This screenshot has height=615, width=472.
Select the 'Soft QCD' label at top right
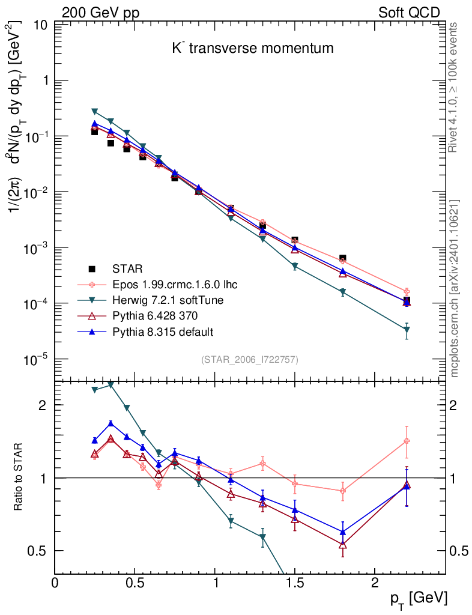tap(409, 13)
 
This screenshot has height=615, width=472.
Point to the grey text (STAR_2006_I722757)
tap(249, 359)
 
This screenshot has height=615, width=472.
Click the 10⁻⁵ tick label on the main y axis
tap(36, 360)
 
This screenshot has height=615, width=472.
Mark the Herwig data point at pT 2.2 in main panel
tap(407, 330)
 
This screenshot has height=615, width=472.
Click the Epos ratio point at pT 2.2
tap(407, 441)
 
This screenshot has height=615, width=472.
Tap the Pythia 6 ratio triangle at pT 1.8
tap(343, 545)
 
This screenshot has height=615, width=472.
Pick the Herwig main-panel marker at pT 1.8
tap(343, 292)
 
